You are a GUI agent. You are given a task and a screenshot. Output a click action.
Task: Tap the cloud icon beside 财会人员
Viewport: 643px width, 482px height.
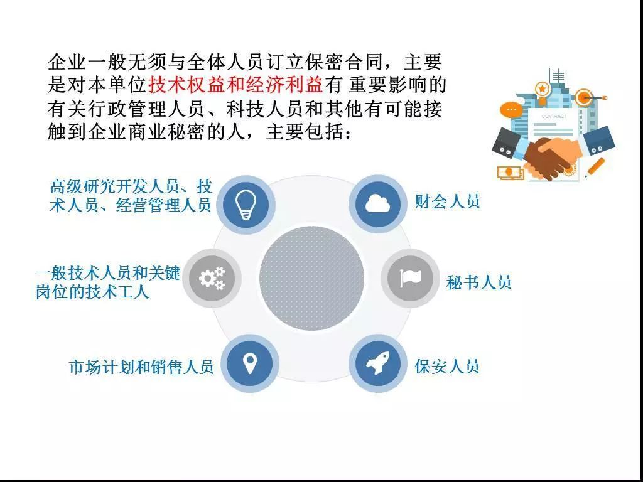point(377,203)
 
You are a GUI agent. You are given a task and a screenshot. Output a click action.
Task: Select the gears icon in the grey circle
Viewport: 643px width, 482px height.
point(212,278)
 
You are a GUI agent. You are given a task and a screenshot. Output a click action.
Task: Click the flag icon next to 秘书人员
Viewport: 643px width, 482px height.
point(410,278)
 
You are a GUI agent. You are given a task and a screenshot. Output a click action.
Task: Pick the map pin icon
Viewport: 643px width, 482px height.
point(249,363)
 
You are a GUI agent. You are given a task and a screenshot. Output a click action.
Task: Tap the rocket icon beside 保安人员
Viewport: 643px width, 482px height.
point(377,363)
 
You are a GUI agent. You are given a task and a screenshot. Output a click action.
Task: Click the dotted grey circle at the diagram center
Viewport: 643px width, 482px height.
point(311,278)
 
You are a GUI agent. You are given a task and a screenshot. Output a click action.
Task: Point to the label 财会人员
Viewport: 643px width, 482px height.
point(447,201)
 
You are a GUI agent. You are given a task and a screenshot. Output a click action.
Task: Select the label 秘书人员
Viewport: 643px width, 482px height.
point(478,282)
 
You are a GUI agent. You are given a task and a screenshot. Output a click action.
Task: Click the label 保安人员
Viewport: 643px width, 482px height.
point(447,366)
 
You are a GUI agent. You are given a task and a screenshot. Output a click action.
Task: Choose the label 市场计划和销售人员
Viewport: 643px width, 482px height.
point(141,367)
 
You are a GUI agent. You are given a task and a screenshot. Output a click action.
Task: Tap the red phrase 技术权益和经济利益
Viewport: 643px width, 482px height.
point(235,85)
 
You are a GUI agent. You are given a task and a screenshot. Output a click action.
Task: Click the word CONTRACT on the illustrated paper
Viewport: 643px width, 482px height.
point(554,116)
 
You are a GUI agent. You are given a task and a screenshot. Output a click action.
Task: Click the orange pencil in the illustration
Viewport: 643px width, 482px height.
point(594,168)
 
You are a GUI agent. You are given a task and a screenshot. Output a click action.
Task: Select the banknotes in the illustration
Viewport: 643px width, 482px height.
point(510,172)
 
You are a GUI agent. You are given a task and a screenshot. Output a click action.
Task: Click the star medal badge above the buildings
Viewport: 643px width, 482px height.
point(542,88)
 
